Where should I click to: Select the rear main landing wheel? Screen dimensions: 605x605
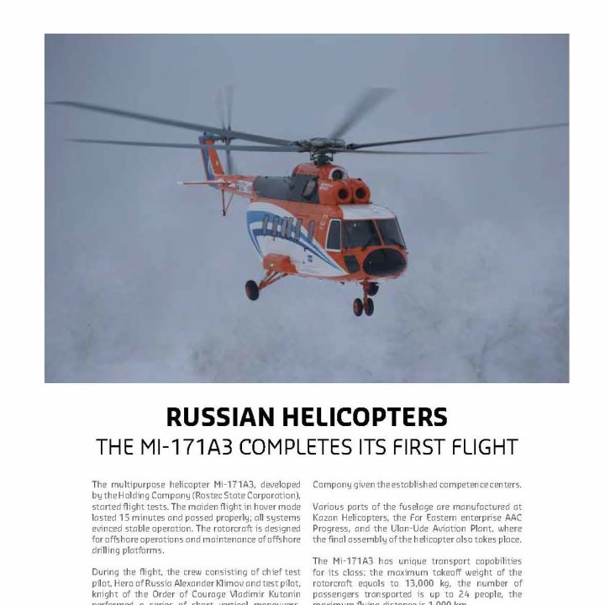(252, 290)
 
